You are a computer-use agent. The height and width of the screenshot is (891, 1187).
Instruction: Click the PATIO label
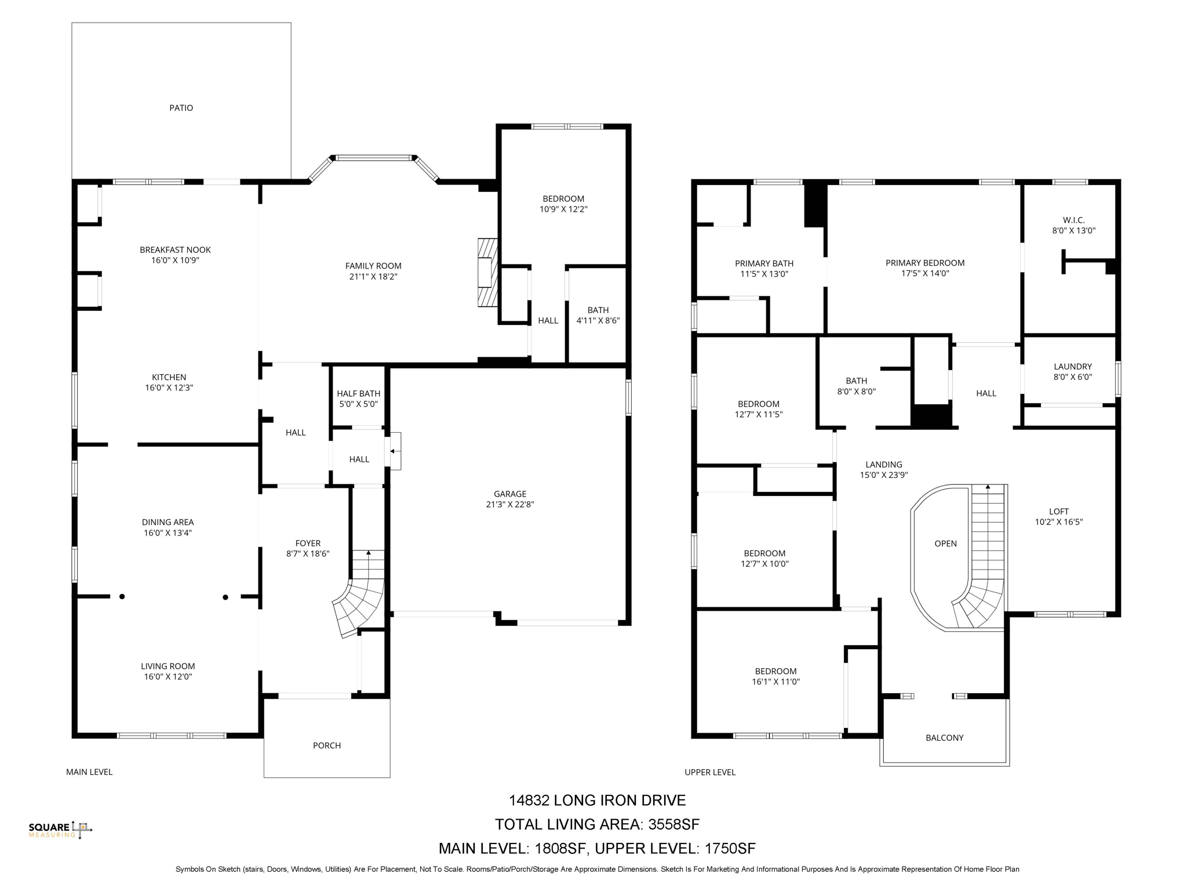pos(181,108)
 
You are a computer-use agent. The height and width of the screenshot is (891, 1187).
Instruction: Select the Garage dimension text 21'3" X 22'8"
pos(510,505)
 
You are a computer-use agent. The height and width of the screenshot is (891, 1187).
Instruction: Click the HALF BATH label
pos(358,394)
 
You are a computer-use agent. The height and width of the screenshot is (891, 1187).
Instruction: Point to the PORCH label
pos(327,745)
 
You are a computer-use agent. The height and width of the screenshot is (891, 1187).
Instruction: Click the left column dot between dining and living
pos(122,596)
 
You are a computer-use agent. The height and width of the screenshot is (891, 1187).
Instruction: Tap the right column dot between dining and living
pos(225,597)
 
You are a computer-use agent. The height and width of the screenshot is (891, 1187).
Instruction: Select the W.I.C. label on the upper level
pos(1073,220)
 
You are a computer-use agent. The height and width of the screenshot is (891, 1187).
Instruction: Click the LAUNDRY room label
pos(1072,367)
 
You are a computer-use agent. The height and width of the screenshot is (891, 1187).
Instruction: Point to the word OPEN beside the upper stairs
pos(945,544)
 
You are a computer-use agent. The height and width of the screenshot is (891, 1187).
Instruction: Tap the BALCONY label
pos(944,738)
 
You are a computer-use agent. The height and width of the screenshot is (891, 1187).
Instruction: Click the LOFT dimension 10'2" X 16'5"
pos(1058,522)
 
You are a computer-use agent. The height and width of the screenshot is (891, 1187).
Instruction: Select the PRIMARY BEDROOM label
pos(924,263)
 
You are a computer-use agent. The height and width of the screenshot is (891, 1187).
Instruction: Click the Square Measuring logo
pos(60,830)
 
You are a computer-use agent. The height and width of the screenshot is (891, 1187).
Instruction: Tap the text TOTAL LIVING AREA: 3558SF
pos(597,824)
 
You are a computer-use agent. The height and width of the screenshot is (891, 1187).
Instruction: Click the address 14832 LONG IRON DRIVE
pos(597,801)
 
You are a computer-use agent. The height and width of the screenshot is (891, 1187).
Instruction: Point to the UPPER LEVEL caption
pos(709,772)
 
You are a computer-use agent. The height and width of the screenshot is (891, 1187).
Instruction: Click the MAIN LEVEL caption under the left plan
pos(89,772)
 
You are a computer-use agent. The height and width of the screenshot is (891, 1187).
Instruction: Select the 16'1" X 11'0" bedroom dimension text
pos(775,682)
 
